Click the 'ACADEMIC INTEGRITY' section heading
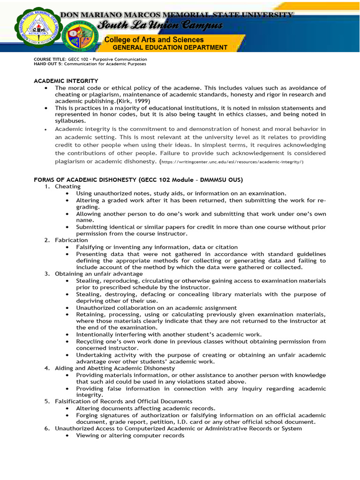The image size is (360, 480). pos(66,81)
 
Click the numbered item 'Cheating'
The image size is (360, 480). pos(67,187)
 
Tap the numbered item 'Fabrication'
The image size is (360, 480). pos(71,240)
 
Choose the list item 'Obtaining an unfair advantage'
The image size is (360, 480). pos(99,274)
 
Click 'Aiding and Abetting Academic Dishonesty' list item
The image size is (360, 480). pos(115,368)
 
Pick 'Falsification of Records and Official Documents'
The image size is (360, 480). pos(124,402)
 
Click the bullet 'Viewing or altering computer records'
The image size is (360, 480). pos(130,435)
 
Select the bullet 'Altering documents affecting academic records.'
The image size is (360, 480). pos(146,408)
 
